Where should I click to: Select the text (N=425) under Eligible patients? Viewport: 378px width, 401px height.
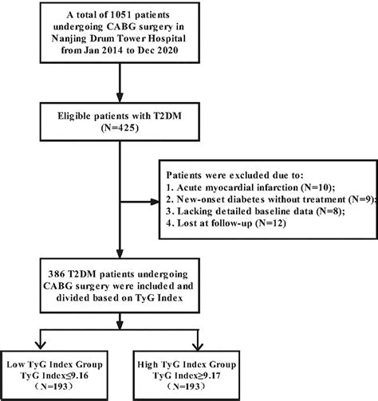(120, 128)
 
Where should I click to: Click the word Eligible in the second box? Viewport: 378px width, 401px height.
(73, 116)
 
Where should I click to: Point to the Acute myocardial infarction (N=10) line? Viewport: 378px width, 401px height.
(250, 187)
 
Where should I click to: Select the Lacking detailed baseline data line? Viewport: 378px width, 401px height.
(255, 211)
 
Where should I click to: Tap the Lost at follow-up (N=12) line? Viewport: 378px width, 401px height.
(226, 223)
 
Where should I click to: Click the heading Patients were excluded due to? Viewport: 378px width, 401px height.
(234, 175)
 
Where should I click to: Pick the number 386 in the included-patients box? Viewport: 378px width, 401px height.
(56, 274)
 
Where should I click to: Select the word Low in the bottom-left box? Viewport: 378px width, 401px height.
(15, 364)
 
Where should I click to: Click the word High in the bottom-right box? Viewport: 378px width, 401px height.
(148, 364)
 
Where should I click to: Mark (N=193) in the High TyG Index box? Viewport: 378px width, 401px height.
(185, 387)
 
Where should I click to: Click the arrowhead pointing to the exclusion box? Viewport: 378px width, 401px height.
(155, 202)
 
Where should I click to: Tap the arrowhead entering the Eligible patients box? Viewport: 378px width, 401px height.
(120, 97)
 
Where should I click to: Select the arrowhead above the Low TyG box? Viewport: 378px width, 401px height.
(41, 345)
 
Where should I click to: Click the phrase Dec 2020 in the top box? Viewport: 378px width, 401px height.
(158, 50)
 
